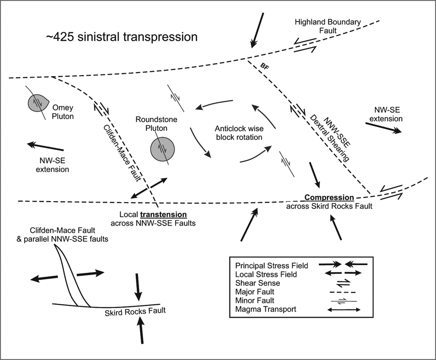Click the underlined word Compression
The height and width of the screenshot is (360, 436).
click(328, 198)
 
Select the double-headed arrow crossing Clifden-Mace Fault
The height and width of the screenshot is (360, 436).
click(149, 188)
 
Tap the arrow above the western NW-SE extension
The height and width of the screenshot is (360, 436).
click(45, 146)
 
